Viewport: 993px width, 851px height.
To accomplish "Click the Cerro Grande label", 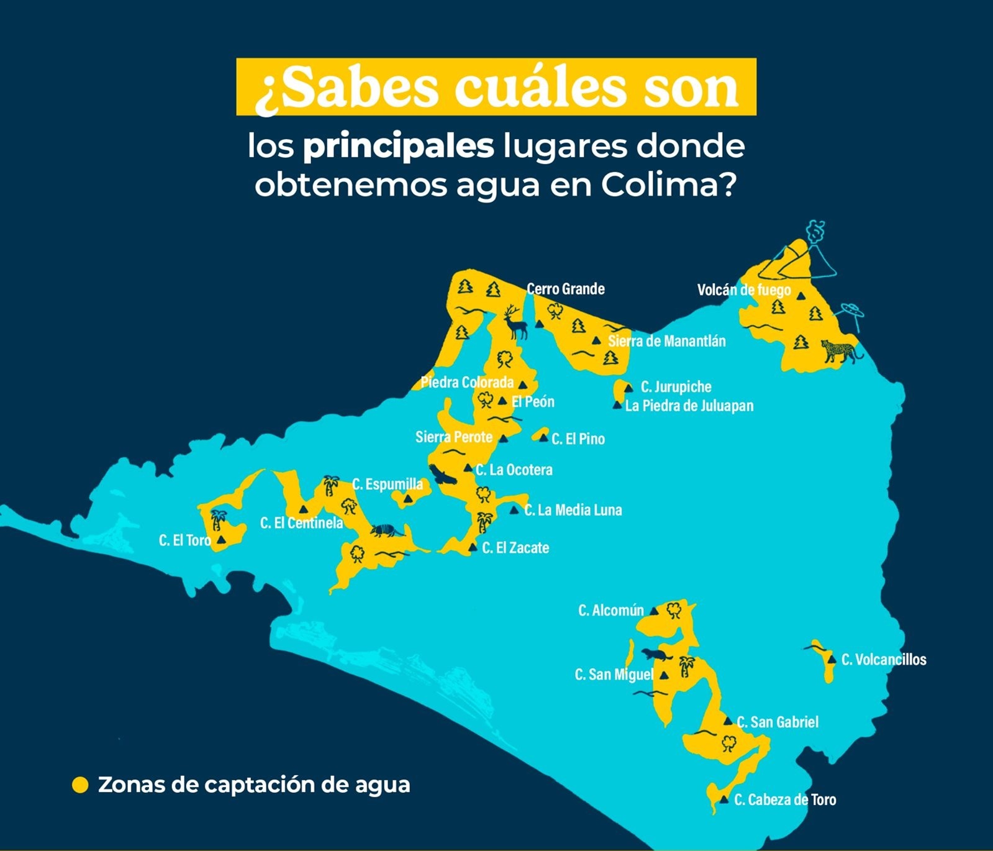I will [x=565, y=289].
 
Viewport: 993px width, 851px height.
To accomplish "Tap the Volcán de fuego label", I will [x=743, y=290].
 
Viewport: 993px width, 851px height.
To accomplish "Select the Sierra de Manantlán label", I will [x=666, y=341].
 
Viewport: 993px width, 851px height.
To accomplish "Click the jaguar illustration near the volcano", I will [x=841, y=351].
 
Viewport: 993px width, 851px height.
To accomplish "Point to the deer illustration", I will [x=514, y=322].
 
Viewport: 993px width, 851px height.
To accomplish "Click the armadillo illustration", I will [x=387, y=531].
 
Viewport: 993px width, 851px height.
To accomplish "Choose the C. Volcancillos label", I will [x=883, y=660].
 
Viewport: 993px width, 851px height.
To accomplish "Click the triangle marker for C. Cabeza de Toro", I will [x=723, y=799].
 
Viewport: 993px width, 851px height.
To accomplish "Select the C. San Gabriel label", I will [x=778, y=722].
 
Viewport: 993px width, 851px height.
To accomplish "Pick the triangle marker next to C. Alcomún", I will [x=654, y=611].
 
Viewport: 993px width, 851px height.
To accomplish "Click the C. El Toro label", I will [x=184, y=540].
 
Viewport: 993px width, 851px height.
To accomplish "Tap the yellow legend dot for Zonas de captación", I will [x=80, y=785].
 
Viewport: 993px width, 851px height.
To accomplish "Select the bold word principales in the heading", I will [x=398, y=147].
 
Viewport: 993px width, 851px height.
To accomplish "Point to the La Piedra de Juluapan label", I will [x=689, y=406].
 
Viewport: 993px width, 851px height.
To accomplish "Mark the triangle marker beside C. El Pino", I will [x=544, y=439].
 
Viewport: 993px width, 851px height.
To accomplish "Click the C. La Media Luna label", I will [x=573, y=511].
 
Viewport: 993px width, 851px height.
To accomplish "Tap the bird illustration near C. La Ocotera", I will [x=443, y=476].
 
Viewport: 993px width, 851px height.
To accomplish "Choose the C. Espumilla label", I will [x=388, y=485].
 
